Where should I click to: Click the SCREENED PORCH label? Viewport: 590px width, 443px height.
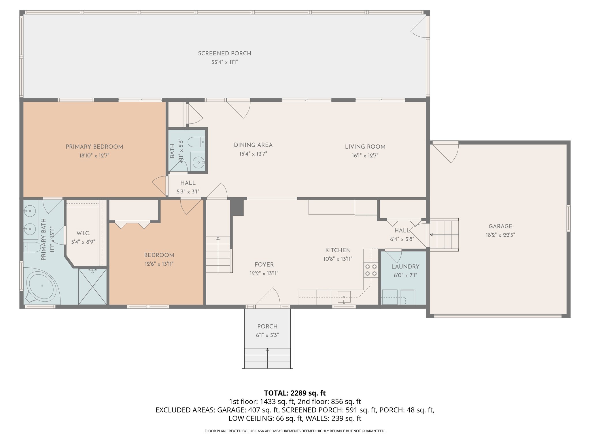(x=224, y=53)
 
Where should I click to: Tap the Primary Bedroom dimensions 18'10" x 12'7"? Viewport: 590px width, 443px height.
(x=94, y=155)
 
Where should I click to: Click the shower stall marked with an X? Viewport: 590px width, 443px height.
(x=92, y=286)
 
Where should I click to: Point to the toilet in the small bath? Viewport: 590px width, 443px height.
(x=196, y=142)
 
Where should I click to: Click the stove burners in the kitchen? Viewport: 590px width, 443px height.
(x=371, y=270)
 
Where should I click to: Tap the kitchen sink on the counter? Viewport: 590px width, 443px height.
(x=344, y=297)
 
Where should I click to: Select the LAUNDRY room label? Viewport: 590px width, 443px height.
(x=405, y=267)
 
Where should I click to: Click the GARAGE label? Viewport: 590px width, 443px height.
(x=500, y=226)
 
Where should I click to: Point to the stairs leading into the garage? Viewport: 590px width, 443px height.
(x=444, y=235)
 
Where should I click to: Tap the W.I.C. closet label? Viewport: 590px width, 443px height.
(x=83, y=233)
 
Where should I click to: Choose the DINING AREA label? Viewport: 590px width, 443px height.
(x=253, y=145)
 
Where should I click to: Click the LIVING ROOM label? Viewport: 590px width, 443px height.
(x=365, y=147)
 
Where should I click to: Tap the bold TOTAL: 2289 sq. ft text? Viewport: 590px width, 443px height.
(x=295, y=393)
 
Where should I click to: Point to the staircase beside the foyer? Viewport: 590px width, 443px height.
(x=218, y=254)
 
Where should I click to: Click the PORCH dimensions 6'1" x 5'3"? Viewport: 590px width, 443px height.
(x=267, y=335)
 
